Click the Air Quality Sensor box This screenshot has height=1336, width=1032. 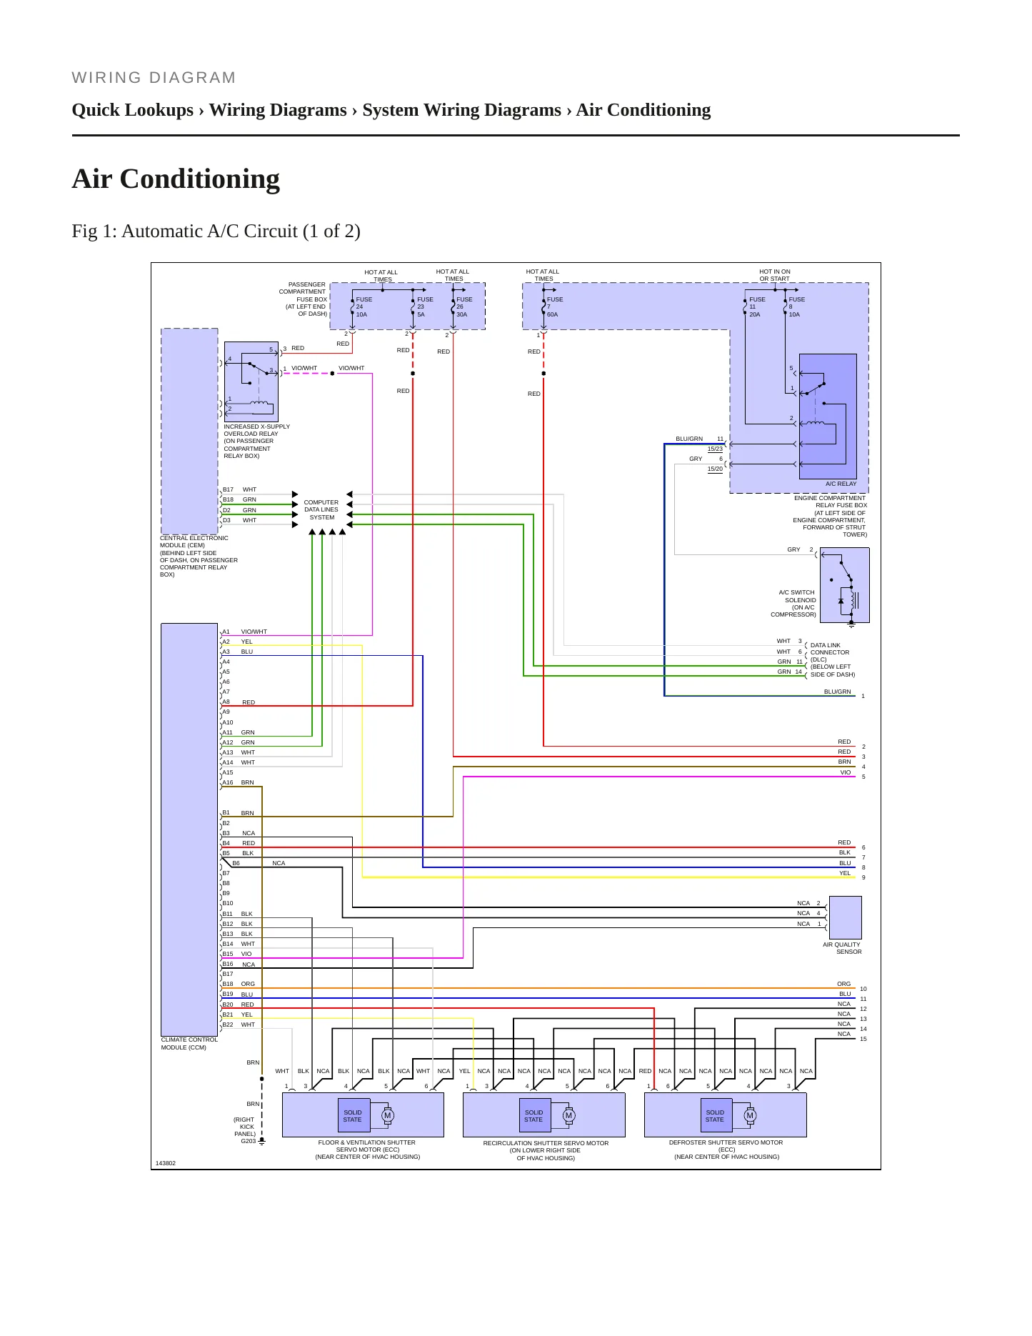pos(845,917)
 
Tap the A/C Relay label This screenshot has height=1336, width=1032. pos(841,484)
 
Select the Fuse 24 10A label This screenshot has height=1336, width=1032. pos(364,307)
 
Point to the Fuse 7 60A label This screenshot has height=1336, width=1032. pos(554,307)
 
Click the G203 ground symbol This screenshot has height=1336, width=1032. pos(262,1141)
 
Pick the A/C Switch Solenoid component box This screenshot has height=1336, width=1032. pos(845,585)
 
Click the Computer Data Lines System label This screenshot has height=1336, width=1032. pos(321,510)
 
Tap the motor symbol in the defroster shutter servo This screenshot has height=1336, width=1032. pos(750,1115)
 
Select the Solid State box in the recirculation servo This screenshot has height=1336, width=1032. pos(533,1116)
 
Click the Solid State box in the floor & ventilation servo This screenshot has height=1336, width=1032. pos(353,1116)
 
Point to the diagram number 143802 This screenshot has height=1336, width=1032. pos(166,1163)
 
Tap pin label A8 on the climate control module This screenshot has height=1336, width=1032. pos(226,702)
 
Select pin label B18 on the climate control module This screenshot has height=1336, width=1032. pos(228,984)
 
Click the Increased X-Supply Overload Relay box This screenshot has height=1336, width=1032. pos(251,382)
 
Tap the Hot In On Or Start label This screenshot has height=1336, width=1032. pos(775,275)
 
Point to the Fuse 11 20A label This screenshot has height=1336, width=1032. pos(756,307)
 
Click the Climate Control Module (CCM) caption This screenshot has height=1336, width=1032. pos(189,1044)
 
